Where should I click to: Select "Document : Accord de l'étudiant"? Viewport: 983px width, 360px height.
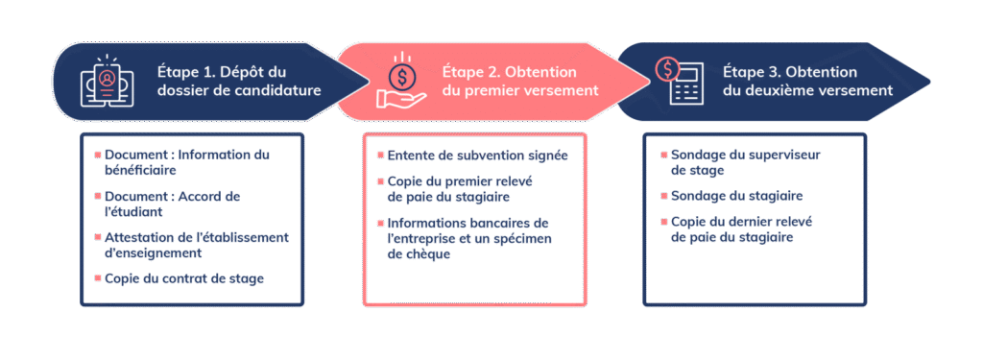coord(173,204)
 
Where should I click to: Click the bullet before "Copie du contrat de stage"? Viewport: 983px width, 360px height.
coord(97,278)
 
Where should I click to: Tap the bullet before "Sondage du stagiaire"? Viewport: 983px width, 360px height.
coord(663,196)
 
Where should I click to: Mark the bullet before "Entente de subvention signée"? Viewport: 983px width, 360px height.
coord(380,156)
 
